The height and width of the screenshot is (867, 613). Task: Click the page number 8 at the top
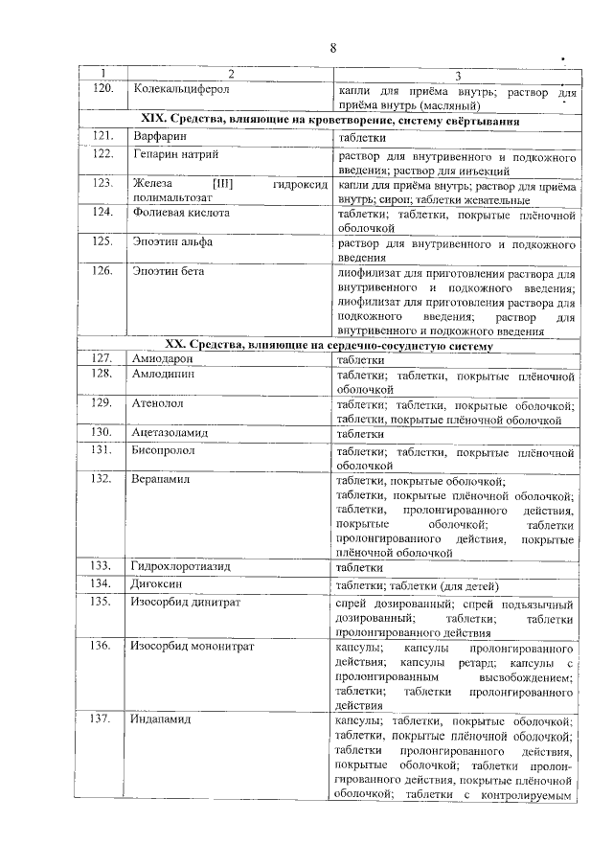pyautogui.click(x=331, y=48)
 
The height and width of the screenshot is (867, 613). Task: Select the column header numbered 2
pyautogui.click(x=230, y=76)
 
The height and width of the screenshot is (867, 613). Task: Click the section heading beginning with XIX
pyautogui.click(x=330, y=122)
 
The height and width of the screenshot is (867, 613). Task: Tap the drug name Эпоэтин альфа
pyautogui.click(x=172, y=242)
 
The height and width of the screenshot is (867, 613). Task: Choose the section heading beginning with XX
pyautogui.click(x=329, y=345)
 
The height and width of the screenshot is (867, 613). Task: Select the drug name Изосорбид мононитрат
pyautogui.click(x=193, y=647)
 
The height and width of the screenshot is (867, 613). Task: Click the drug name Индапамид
pyautogui.click(x=162, y=719)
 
